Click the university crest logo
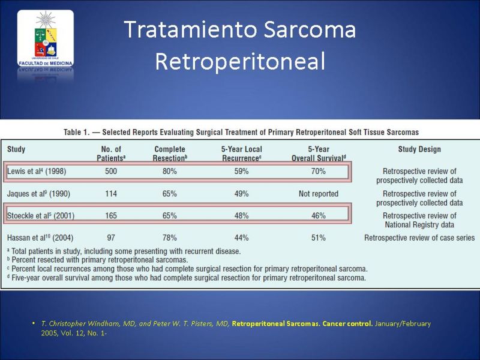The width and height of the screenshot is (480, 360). (x=46, y=38)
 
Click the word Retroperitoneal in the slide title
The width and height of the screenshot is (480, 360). (x=240, y=61)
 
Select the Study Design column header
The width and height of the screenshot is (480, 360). (x=419, y=149)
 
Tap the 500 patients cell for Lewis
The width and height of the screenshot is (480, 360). (x=111, y=171)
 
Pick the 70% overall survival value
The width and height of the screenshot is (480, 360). (x=319, y=171)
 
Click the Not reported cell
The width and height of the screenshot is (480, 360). (x=319, y=194)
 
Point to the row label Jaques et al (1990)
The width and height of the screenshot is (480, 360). (x=38, y=194)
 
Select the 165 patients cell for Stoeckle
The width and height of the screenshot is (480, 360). (x=111, y=216)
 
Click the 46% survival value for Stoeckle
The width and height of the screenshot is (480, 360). (x=319, y=216)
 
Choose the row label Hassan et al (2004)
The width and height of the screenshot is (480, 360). (x=40, y=238)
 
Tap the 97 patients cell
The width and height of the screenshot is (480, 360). (x=111, y=238)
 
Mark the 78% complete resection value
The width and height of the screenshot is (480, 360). (x=170, y=238)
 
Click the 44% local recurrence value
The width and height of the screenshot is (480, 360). (x=242, y=238)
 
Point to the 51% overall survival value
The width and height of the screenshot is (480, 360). (x=319, y=238)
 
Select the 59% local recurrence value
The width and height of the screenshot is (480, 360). (x=242, y=171)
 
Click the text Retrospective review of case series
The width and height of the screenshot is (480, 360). (x=419, y=238)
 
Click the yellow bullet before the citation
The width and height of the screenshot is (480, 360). (x=34, y=323)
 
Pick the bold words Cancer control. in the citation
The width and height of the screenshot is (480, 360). (x=347, y=323)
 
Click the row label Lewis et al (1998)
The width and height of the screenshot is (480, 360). (x=37, y=171)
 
